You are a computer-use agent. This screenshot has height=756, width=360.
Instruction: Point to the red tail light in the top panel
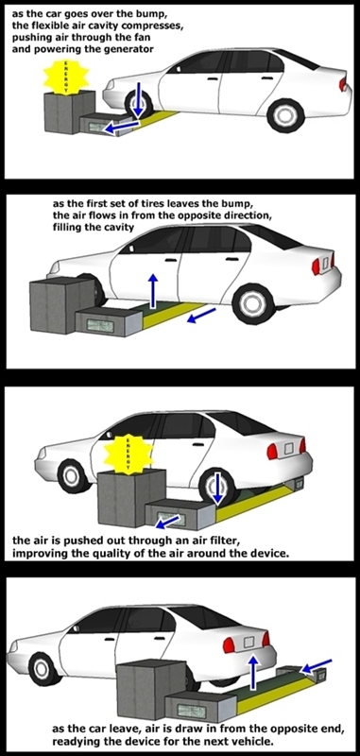(343, 84)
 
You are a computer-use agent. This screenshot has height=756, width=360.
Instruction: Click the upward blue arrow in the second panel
(153, 291)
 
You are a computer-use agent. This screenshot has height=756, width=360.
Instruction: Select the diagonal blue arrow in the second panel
(198, 317)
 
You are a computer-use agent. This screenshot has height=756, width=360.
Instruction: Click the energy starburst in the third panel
(128, 453)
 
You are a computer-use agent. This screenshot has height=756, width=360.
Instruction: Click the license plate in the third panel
(290, 451)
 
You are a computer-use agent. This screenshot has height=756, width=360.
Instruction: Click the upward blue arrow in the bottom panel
(252, 675)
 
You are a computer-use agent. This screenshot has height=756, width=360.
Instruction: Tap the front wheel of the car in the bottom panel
(45, 668)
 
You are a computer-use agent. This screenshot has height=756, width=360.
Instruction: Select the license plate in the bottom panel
(250, 642)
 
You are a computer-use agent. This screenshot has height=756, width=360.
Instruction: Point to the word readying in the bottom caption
(74, 741)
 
